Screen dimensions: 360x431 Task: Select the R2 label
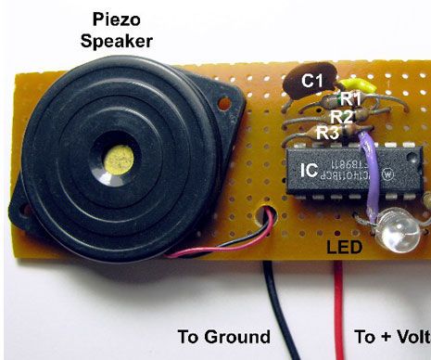click(342, 116)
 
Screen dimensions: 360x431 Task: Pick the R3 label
click(326, 133)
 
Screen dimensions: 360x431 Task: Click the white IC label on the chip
click(311, 171)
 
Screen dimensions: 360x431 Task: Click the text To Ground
click(224, 336)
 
